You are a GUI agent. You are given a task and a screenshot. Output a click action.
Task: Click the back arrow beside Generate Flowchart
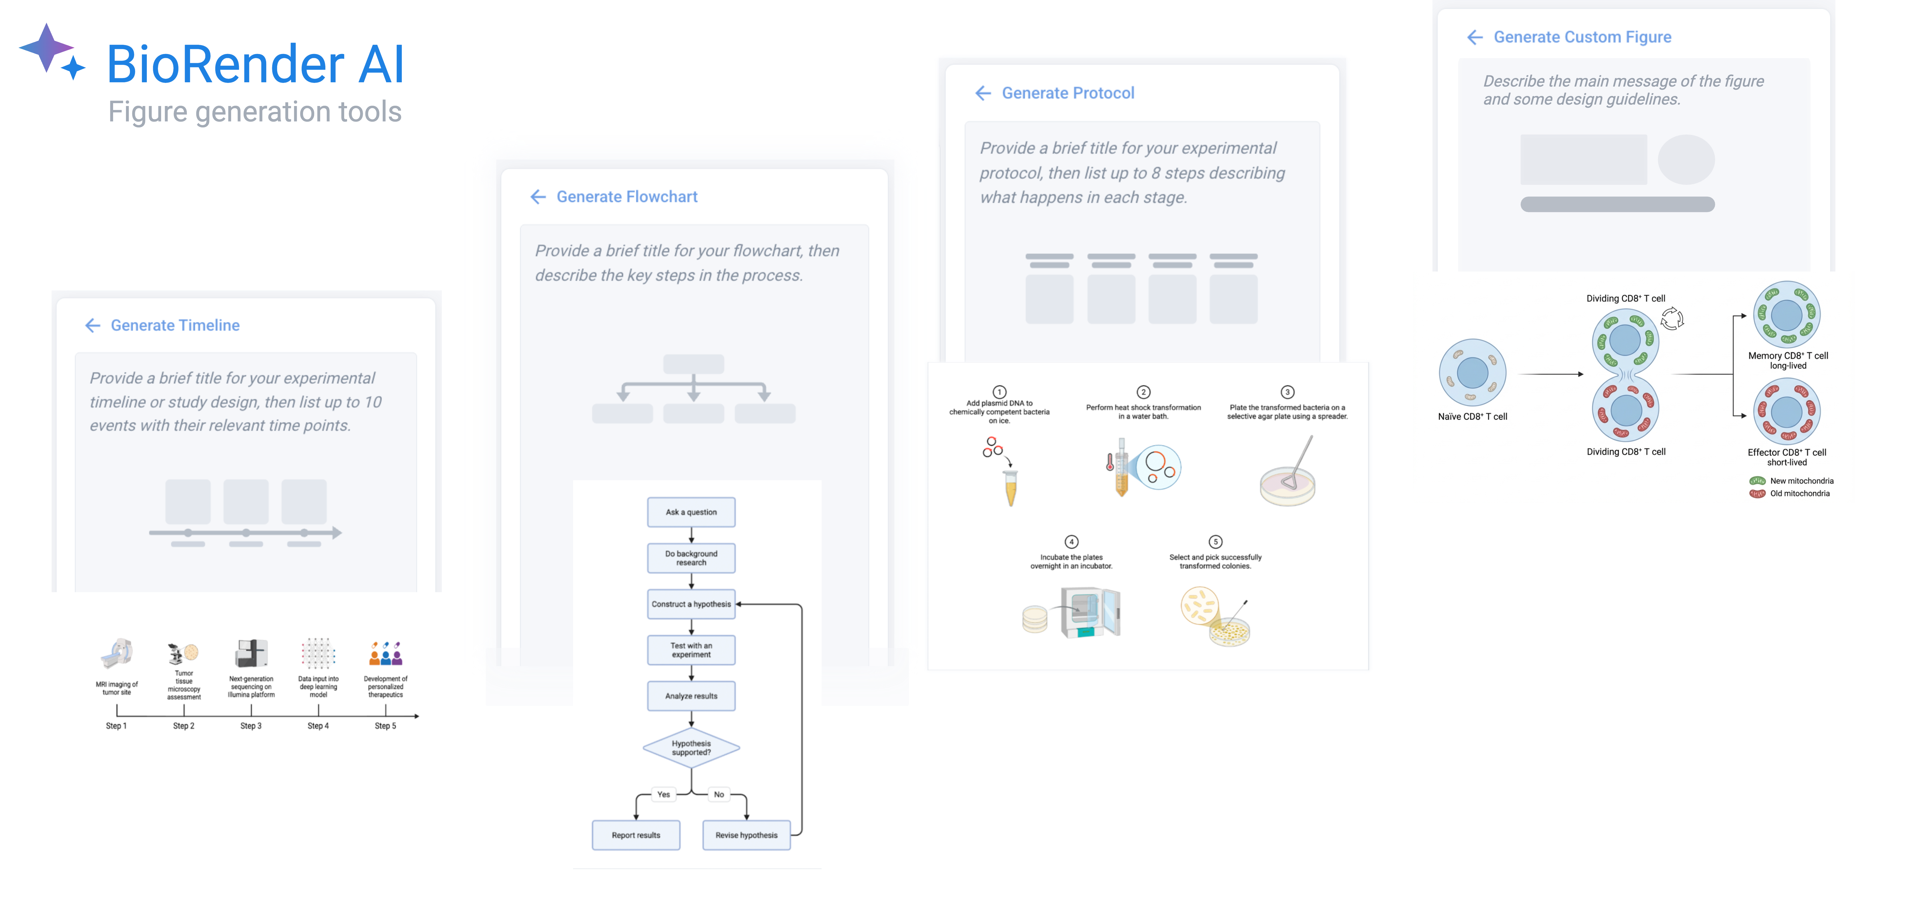538,197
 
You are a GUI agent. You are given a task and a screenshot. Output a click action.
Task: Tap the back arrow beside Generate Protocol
983,93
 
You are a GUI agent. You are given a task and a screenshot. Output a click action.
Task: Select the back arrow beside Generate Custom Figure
1475,37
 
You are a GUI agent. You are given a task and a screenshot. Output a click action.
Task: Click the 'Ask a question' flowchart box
691,512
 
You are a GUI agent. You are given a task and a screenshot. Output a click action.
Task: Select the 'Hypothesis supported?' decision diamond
691,748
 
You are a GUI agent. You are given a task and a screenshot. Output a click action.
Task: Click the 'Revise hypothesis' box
747,835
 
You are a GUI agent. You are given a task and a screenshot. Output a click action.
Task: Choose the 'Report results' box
636,835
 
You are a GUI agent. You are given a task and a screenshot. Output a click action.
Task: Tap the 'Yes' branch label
664,795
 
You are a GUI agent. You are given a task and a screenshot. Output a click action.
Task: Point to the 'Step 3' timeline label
251,726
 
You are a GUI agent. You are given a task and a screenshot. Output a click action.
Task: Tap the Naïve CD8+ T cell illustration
1473,373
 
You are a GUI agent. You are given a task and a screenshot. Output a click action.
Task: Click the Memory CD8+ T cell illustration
1787,315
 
